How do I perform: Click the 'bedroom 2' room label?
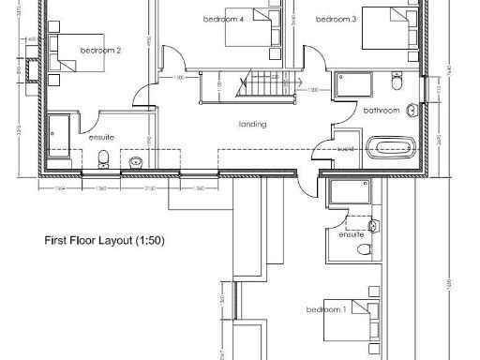coord(100,50)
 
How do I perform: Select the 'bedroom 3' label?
coord(336,19)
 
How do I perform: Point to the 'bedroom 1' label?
coord(326,309)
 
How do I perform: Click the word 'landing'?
coord(252,124)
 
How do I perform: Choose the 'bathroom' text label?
coord(382,111)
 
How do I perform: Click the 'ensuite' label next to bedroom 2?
coord(101,138)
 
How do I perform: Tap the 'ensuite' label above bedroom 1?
coord(352,233)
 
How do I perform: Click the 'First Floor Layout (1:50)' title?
coord(105,241)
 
